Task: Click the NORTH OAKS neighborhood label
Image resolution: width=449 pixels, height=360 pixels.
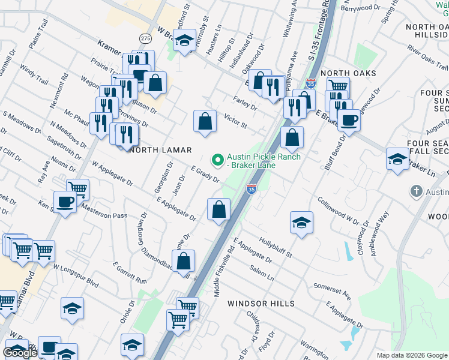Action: coord(348,73)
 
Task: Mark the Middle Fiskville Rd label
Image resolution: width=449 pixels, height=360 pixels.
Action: coord(224,270)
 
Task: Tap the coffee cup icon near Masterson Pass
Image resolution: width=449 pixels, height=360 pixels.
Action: coord(65,202)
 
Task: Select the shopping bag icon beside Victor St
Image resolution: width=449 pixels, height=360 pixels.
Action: coord(205,121)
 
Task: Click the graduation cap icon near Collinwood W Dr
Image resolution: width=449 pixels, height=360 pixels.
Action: coord(301,223)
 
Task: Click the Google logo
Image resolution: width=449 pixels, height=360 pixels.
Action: coord(20,353)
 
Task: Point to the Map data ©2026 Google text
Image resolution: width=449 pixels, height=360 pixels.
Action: coord(411,355)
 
